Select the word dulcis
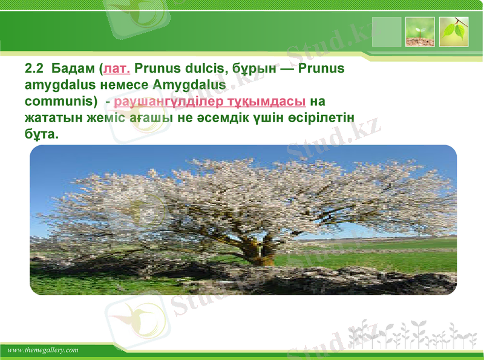pyautogui.click(x=203, y=68)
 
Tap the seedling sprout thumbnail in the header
pyautogui.click(x=420, y=32)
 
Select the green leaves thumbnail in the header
pyautogui.click(x=454, y=32)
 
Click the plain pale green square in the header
pyautogui.click(x=387, y=32)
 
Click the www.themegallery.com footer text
pyautogui.click(x=44, y=350)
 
